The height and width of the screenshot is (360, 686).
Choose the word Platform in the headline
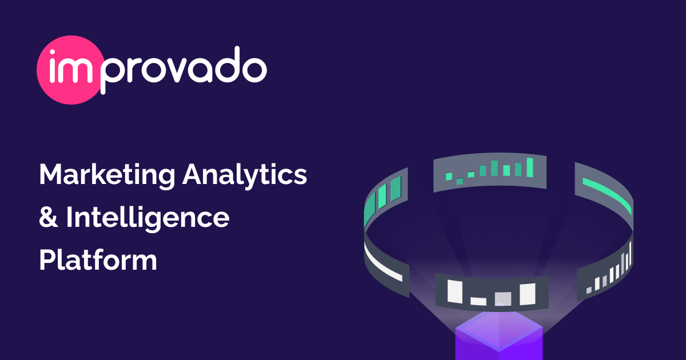coord(98,260)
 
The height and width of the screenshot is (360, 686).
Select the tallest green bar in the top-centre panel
coord(530,167)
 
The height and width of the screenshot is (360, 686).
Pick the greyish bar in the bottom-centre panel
coord(502,298)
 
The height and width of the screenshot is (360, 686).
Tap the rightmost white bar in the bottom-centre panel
coord(527,294)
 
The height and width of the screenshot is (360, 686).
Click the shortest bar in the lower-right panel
coord(589,290)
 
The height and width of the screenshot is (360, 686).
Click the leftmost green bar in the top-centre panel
coord(449,175)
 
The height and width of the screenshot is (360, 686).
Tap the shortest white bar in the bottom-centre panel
coord(478,300)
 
